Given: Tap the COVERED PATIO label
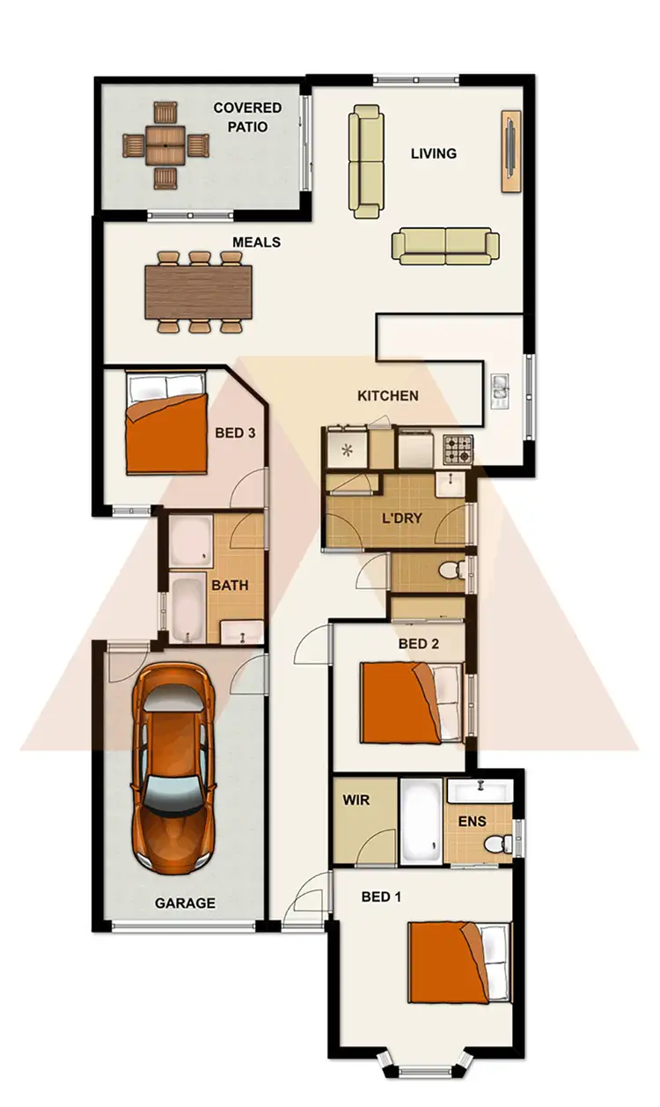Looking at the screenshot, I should pos(247,117).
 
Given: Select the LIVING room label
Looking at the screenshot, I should pos(434,153).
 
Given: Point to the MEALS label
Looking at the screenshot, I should pos(256,241).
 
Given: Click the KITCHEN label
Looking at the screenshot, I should pos(387,395).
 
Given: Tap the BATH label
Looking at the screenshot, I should pos(230,585).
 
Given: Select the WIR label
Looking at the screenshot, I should pos(356,801).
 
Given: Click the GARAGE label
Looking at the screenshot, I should pos(185,903).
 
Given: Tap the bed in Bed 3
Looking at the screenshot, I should pos(166,423).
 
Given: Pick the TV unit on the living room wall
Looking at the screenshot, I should pos(510,151).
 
